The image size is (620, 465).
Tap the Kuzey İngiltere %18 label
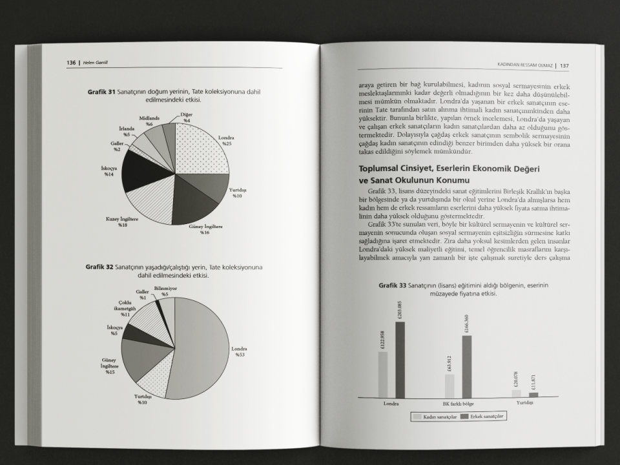point(121,222)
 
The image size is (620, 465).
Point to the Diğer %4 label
point(186,118)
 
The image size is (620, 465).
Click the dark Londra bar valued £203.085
point(400,359)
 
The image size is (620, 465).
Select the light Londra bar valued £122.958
point(383,375)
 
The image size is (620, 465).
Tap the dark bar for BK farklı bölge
point(466,366)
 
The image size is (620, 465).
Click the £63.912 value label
point(449,363)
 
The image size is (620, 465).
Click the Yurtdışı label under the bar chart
point(524,403)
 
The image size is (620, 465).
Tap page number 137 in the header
point(564,65)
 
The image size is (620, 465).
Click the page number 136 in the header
point(71,63)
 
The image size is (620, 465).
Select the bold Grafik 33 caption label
point(393,285)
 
